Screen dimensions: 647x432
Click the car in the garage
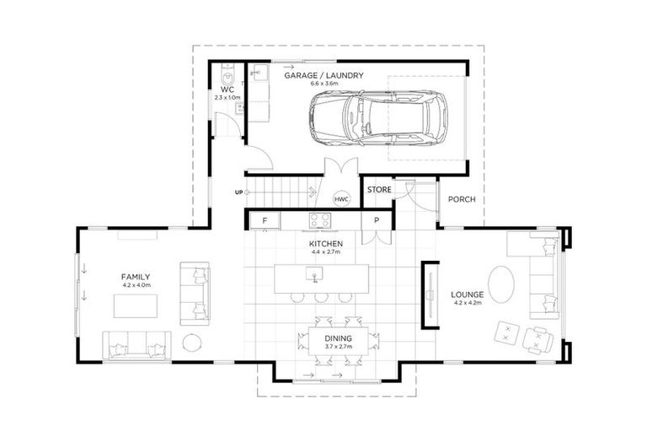pos(378,118)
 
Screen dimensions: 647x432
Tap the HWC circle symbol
pos(341,199)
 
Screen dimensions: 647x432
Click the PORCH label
pos(462,199)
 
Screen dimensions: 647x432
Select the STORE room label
pos(379,190)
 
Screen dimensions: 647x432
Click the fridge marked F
pos(265,221)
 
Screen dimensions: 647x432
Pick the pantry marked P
pos(377,221)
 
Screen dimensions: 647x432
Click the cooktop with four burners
pos(320,220)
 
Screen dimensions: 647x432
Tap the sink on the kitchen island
pos(314,274)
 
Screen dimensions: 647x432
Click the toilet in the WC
pos(227,75)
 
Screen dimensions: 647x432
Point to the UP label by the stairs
pos(239,192)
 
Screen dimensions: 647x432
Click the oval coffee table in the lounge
pos(501,284)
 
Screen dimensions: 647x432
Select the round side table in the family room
pos(192,343)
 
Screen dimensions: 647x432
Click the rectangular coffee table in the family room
pos(136,306)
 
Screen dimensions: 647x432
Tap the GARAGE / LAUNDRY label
pos(323,76)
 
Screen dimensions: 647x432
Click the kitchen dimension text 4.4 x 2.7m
pos(326,251)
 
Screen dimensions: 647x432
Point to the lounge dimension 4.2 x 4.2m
pos(467,303)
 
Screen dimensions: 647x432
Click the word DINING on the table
pos(339,338)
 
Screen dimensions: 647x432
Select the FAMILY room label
pos(136,277)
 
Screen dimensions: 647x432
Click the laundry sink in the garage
pos(259,73)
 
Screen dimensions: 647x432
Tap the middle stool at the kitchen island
pos(321,297)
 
